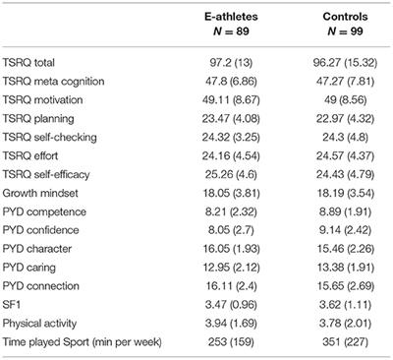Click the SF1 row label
tap(17, 311)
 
